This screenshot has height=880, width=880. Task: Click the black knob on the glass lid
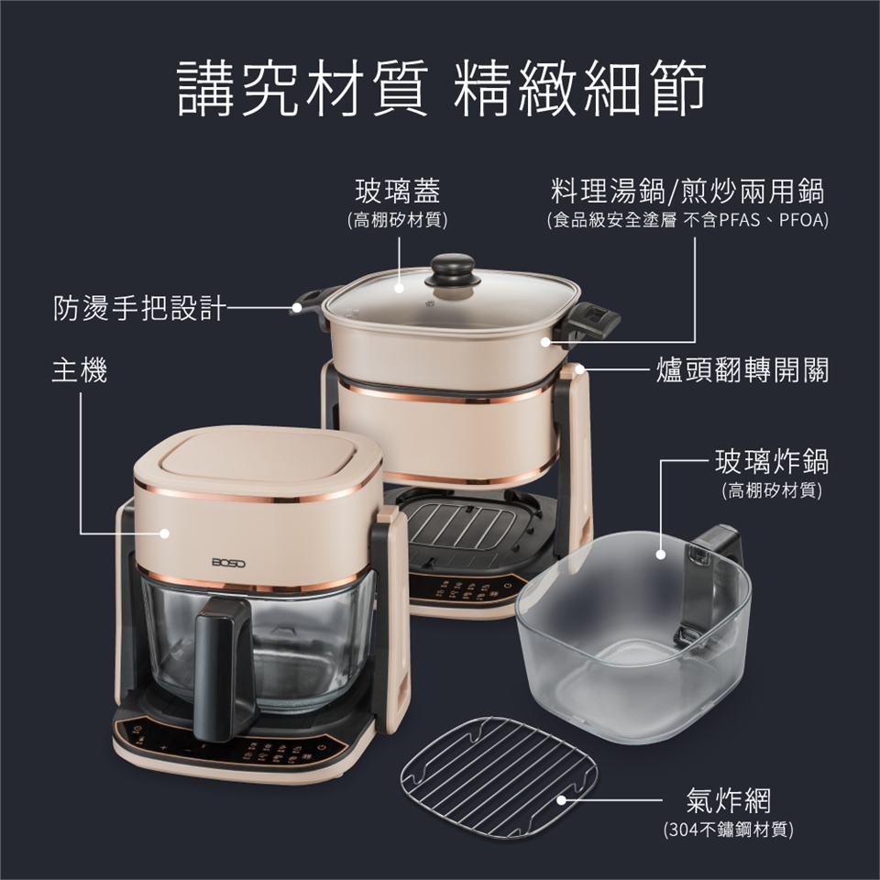click(452, 269)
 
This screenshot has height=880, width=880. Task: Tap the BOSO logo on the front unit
click(228, 562)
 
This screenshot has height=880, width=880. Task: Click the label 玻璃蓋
click(398, 191)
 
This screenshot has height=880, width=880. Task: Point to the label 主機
click(80, 370)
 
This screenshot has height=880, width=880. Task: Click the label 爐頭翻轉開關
click(742, 370)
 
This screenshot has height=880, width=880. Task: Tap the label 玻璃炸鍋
click(772, 461)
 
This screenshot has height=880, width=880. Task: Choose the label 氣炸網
click(729, 800)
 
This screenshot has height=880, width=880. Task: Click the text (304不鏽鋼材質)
click(729, 829)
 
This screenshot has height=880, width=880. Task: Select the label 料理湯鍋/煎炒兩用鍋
click(687, 191)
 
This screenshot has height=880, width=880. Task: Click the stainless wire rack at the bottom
click(499, 777)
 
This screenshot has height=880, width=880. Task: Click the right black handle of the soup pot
click(594, 321)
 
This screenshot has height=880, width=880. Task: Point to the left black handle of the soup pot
click(309, 304)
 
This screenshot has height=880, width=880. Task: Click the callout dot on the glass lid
click(399, 289)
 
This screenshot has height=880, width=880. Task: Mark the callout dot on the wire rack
click(561, 800)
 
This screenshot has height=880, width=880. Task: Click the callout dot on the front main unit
click(164, 533)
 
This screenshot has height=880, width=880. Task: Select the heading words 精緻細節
click(579, 90)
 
